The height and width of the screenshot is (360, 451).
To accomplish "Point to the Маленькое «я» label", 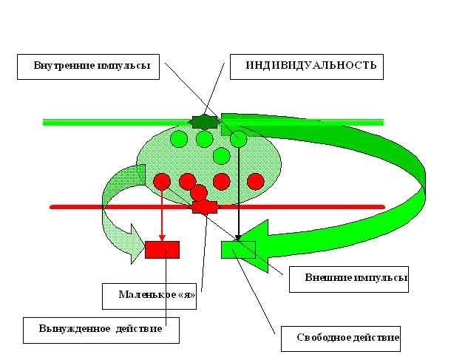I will [x=152, y=294].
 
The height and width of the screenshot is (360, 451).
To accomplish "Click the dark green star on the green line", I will [x=200, y=122].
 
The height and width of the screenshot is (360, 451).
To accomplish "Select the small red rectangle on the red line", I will [x=205, y=207].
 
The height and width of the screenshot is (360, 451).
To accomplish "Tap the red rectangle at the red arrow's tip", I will [x=162, y=250].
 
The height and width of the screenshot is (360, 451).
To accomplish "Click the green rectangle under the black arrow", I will [x=237, y=250].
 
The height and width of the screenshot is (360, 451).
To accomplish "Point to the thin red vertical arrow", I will [x=162, y=214].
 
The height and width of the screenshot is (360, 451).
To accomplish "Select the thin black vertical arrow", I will [x=238, y=192].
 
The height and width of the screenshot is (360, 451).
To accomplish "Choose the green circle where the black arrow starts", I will [x=238, y=138].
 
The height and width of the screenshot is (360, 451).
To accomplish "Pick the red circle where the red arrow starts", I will [x=162, y=181].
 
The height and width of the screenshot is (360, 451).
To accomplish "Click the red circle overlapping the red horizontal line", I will [x=198, y=193].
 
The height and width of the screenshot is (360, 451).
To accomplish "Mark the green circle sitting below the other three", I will [x=220, y=156].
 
